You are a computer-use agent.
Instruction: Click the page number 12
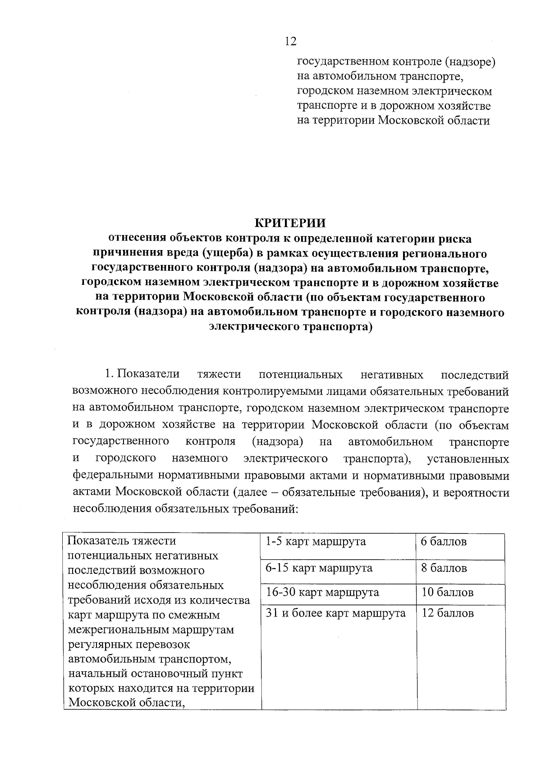[x=291, y=42]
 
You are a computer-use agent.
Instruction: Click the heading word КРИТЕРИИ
[x=291, y=223]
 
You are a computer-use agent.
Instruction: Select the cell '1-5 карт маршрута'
[x=316, y=542]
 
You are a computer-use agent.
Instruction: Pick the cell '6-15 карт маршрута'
[x=319, y=568]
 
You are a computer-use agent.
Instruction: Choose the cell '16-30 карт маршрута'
[x=322, y=592]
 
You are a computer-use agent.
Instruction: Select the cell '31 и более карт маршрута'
[x=336, y=613]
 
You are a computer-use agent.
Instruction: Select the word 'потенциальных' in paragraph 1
[x=301, y=375]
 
